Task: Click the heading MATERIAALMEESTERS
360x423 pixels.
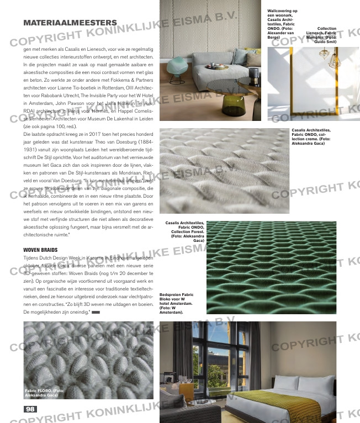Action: pyautogui.click(x=70, y=23)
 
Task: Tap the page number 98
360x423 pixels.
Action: pyautogui.click(x=30, y=409)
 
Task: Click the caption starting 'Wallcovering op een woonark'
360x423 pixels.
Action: pyautogui.click(x=283, y=24)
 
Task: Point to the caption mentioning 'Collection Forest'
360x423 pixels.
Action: pyautogui.click(x=186, y=231)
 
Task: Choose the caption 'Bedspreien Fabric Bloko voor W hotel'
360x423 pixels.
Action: pyautogui.click(x=176, y=303)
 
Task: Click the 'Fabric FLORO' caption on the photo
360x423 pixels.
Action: pyautogui.click(x=44, y=393)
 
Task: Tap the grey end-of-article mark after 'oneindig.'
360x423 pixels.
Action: pyautogui.click(x=96, y=313)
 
